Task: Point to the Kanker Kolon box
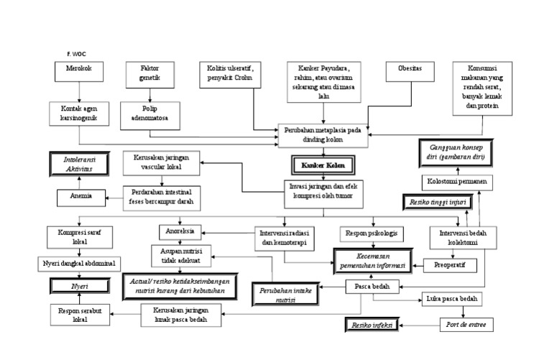coord(323,165)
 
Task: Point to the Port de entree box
coord(467,324)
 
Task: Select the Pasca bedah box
coord(367,286)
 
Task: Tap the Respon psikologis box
coord(371,234)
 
